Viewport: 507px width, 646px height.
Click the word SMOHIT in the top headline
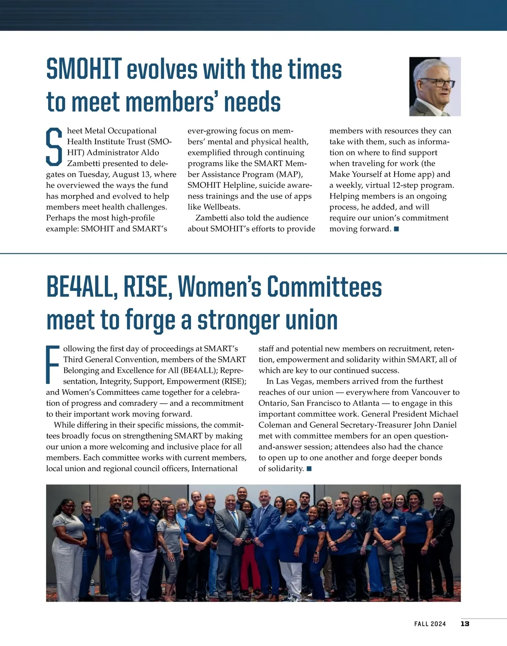84,69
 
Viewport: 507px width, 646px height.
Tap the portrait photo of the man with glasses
435,87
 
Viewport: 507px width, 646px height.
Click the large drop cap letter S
54,147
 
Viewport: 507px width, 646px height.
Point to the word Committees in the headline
324,287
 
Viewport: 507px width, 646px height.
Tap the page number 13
465,624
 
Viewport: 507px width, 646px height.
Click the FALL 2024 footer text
430,624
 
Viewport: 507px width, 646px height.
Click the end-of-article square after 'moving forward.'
396,229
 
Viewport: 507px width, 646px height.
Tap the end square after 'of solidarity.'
309,468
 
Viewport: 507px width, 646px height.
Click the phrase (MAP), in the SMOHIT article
289,174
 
